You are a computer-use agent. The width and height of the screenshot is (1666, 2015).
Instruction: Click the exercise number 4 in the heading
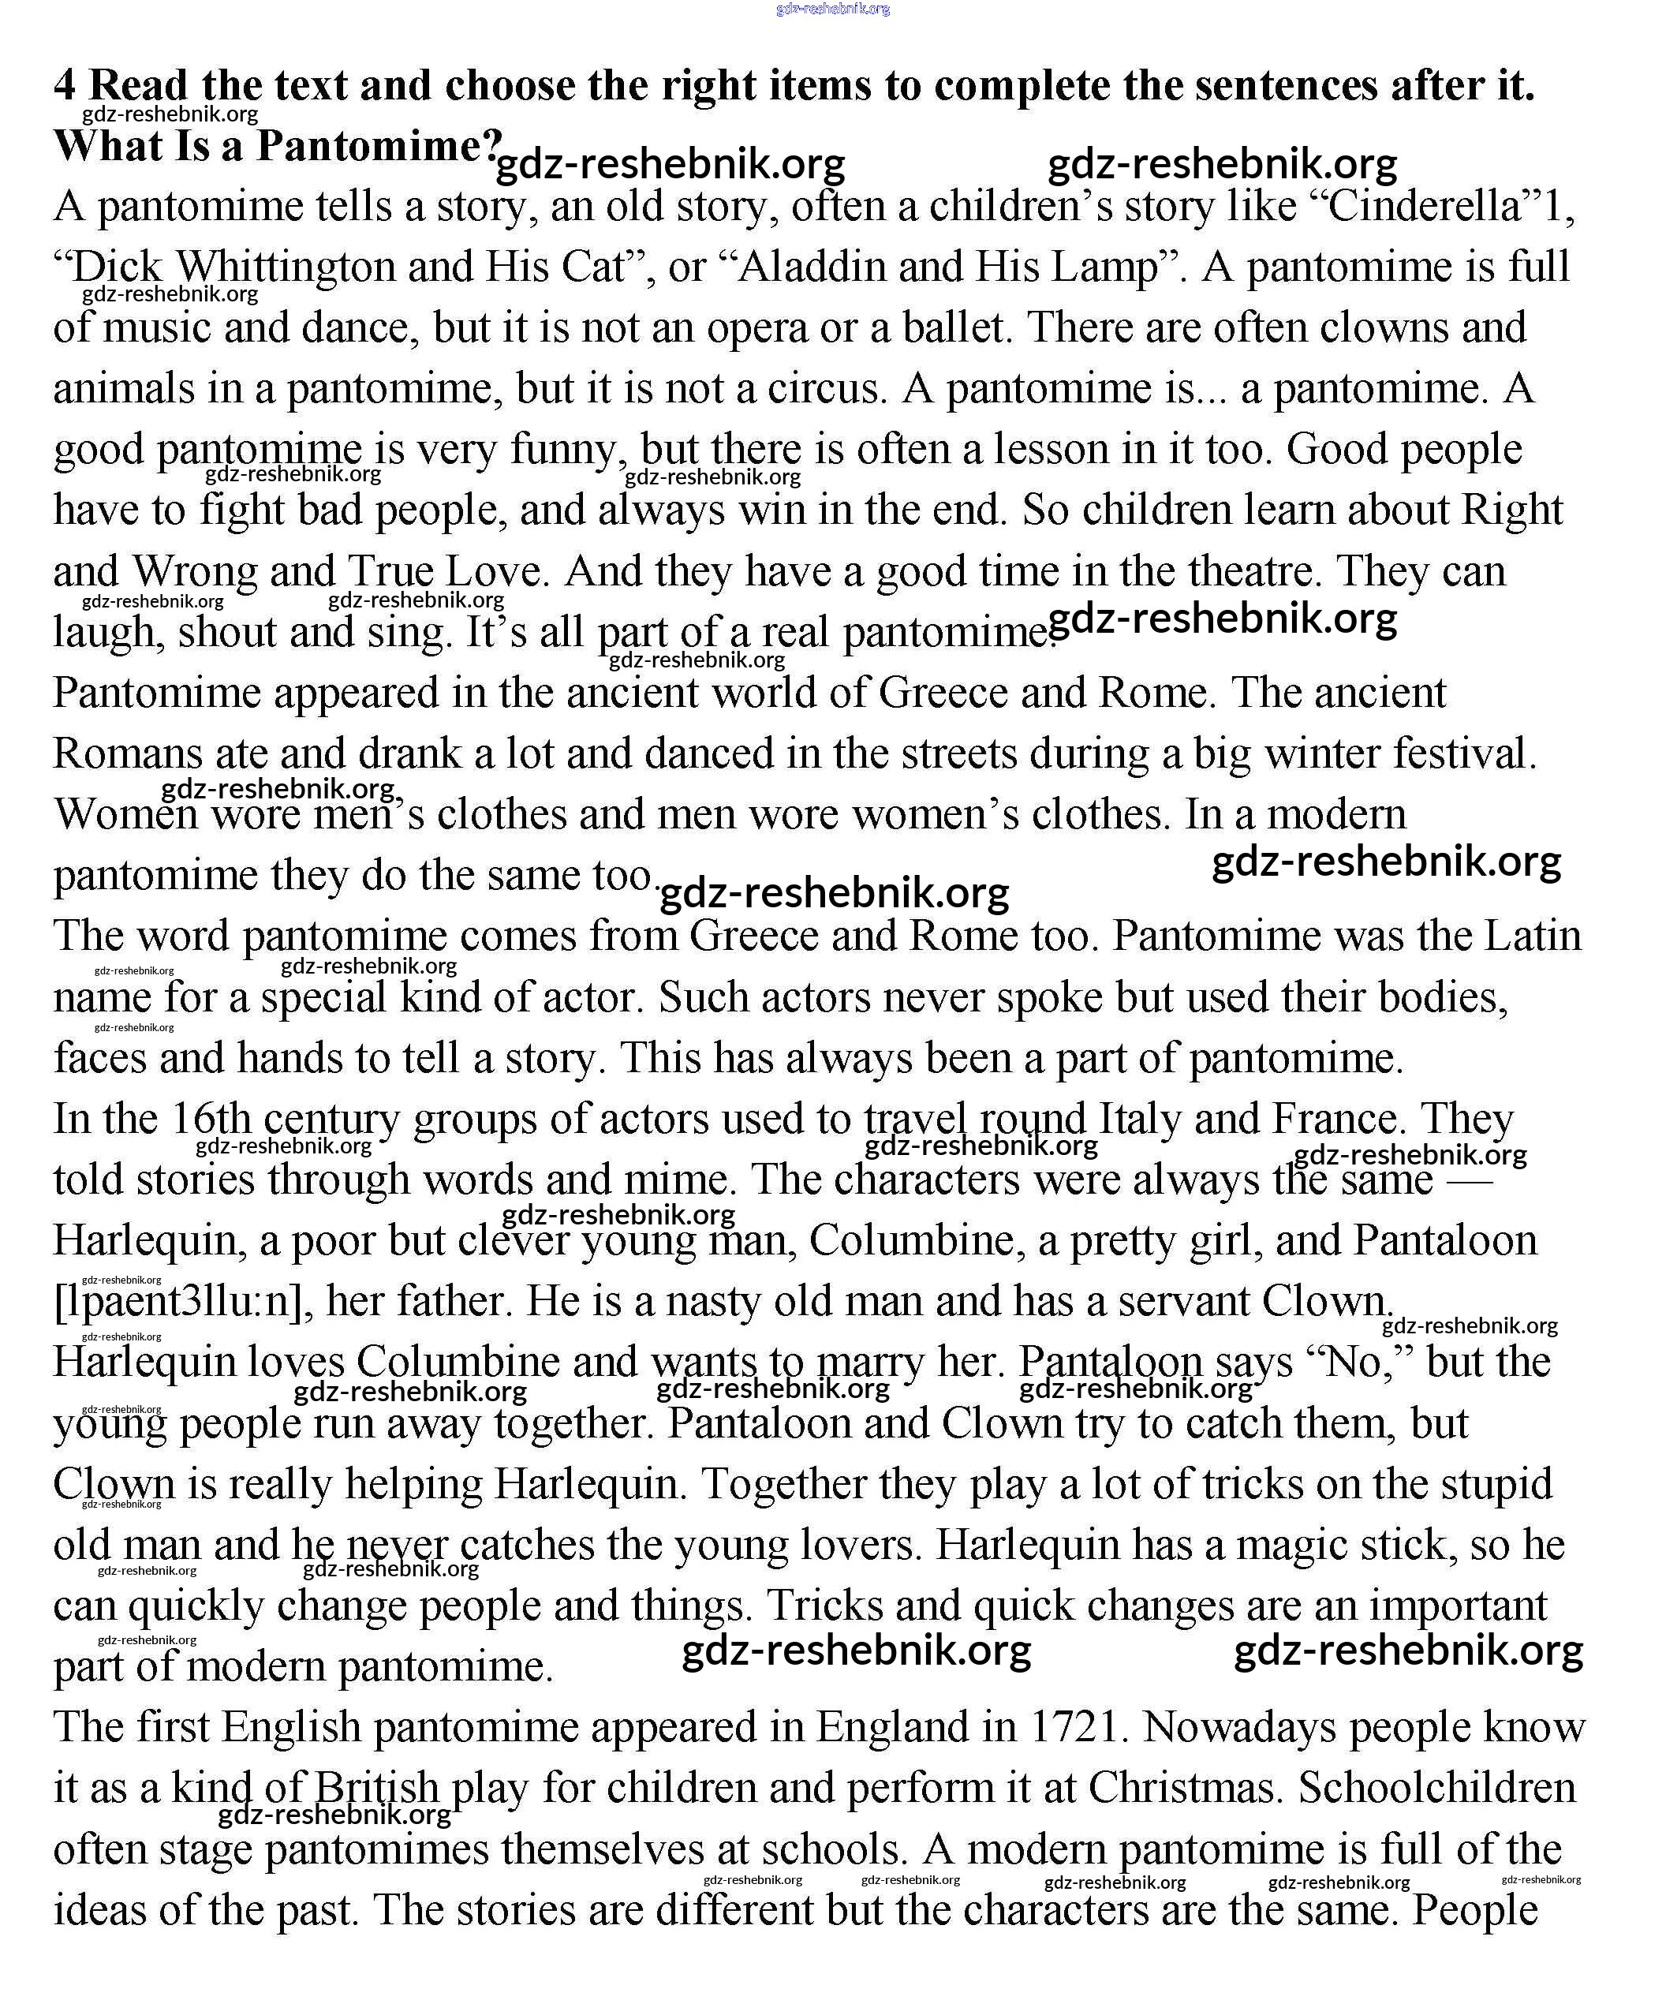[x=64, y=85]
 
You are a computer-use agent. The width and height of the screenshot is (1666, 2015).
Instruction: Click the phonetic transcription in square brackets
[x=182, y=1302]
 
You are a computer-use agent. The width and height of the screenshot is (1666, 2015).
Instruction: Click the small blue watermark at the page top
[x=832, y=9]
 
